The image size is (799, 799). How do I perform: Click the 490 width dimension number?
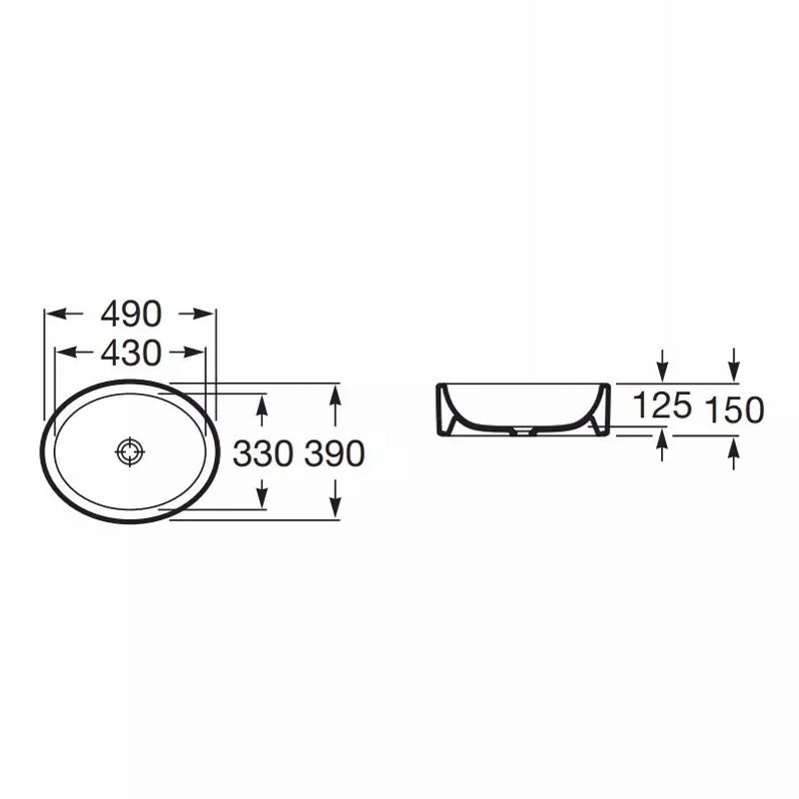point(131,314)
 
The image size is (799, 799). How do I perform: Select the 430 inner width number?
point(131,353)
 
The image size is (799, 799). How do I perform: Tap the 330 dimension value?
point(263,453)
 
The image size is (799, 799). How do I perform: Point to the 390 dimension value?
point(335,453)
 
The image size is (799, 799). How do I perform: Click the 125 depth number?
point(662,405)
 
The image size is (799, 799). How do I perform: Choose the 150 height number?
point(734,409)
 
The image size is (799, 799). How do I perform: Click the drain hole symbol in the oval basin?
point(131,451)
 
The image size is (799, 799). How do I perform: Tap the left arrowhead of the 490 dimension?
point(56,314)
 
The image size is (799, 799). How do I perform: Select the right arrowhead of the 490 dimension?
point(205,314)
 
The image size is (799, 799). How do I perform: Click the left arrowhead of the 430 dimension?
point(65,353)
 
